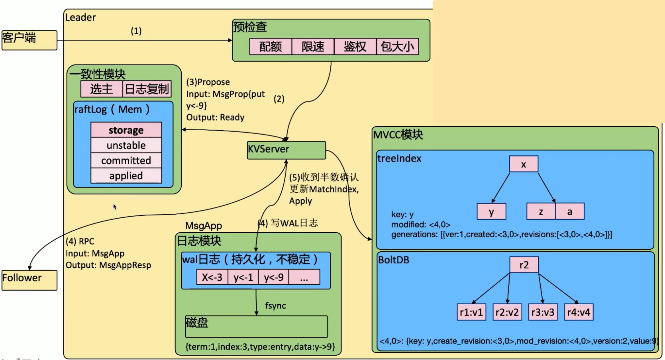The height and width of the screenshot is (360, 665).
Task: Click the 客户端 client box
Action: (29, 40)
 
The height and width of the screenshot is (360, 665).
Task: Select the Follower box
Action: (29, 280)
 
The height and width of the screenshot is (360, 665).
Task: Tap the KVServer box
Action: (286, 150)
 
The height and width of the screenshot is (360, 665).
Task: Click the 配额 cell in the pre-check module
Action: (271, 47)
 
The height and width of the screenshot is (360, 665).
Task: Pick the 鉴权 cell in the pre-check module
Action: (355, 47)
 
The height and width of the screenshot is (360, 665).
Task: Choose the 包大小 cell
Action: (397, 47)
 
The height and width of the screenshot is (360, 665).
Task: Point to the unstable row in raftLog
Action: (126, 145)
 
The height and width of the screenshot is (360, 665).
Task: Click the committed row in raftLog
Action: (126, 160)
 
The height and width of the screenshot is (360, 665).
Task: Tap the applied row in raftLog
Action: (126, 176)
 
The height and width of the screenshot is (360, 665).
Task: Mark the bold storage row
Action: (126, 130)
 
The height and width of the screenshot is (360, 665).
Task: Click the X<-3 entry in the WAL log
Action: (212, 277)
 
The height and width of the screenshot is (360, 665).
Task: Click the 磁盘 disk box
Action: (256, 327)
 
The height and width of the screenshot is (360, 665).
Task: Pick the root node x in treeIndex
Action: (523, 164)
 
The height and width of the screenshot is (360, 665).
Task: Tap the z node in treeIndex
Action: (541, 212)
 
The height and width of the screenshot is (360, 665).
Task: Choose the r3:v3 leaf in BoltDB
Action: (543, 312)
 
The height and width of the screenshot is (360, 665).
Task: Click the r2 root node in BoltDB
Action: (524, 265)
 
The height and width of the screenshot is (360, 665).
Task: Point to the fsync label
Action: (275, 306)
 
